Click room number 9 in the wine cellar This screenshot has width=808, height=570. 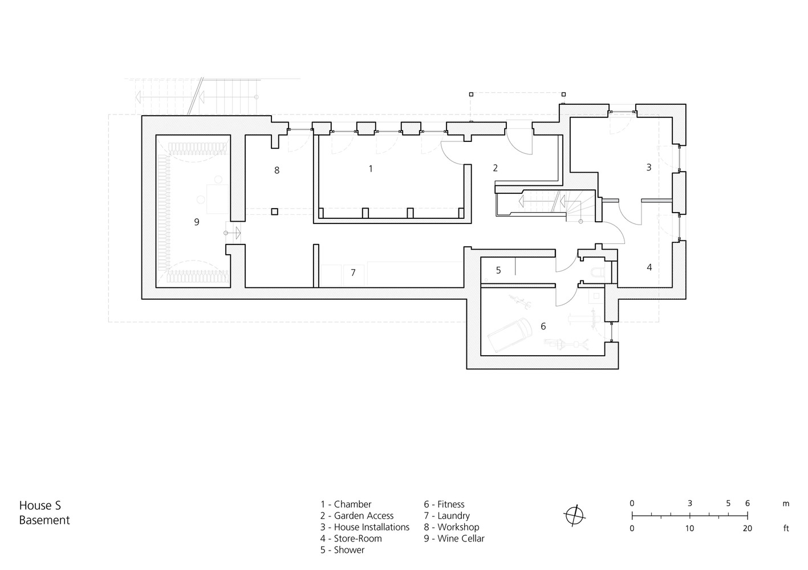coord(197,222)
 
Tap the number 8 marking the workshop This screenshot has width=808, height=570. coord(277,170)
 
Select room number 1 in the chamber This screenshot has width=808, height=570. coord(371,169)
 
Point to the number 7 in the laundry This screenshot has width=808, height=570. coord(353,273)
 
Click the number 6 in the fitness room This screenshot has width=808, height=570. coord(543,326)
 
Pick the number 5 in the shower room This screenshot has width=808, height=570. coord(498,270)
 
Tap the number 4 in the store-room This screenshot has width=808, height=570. coord(649,267)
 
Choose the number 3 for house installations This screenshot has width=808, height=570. coord(648,168)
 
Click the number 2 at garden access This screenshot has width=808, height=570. coord(495,168)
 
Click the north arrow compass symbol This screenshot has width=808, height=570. coord(575,516)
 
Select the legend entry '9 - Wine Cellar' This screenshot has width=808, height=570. coord(454,539)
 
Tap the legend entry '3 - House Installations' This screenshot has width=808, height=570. coord(365,527)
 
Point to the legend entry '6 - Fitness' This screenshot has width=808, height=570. coord(444,504)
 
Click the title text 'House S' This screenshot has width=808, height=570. coord(40,505)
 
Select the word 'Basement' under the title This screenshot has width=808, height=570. coord(44,520)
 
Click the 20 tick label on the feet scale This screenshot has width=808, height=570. coord(747,528)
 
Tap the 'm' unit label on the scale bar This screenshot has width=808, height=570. coord(786,504)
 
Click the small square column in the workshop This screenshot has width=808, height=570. coord(274,211)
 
